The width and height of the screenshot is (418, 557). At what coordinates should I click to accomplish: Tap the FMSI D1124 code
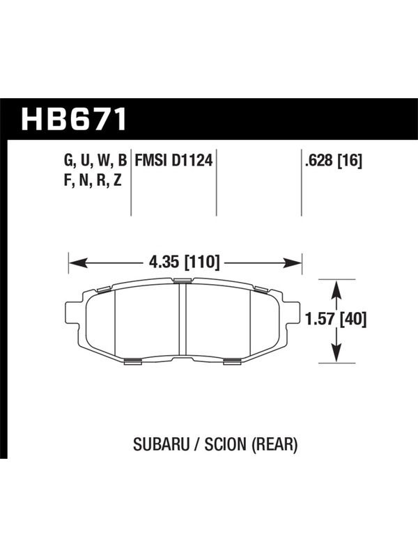point(173,161)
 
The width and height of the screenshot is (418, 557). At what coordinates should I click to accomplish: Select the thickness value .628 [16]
point(333,162)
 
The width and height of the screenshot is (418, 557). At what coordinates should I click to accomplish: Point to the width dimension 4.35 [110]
point(185,263)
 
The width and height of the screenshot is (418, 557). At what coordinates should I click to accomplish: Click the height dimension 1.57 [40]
point(336,320)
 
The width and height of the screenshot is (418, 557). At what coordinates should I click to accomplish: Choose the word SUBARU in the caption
point(161,444)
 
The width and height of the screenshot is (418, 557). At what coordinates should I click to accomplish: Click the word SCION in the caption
point(225,444)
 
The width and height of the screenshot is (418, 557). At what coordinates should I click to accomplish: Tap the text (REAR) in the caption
point(274,444)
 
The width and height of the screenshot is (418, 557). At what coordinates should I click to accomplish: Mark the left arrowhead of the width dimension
point(78,263)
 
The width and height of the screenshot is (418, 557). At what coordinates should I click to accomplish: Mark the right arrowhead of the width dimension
point(293,263)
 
